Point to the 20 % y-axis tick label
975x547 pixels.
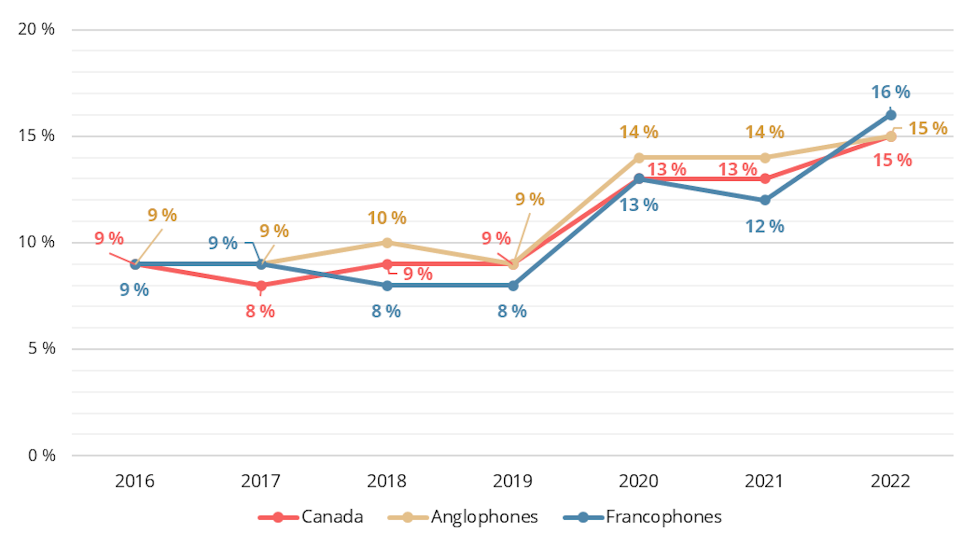coord(36,29)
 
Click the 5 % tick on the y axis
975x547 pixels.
coord(42,348)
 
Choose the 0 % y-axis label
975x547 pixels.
coord(42,455)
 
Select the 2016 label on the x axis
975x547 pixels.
coord(135,481)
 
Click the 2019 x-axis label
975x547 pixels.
coord(512,481)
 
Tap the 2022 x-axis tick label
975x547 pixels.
coord(890,481)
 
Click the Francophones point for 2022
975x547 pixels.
coord(891,115)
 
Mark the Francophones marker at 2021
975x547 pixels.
coord(765,200)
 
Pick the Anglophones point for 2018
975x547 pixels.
coord(387,243)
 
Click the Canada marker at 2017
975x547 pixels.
coord(261,286)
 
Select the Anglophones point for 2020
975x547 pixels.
coord(639,158)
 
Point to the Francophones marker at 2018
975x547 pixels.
coord(387,286)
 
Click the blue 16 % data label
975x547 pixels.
coord(891,92)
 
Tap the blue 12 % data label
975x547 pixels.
coord(765,227)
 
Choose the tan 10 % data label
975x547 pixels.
coord(387,218)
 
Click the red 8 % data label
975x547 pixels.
coord(260,311)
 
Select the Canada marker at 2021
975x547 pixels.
coord(765,179)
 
